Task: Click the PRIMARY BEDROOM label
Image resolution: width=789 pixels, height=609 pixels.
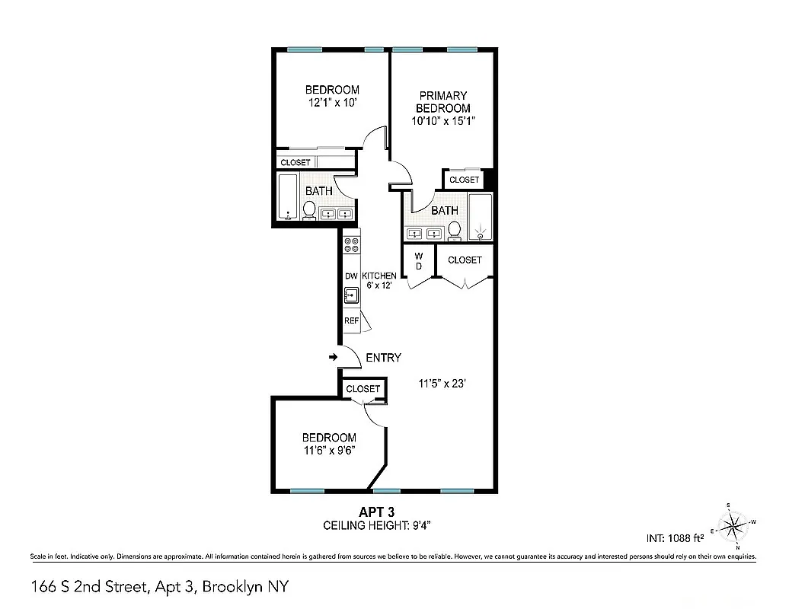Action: pos(442,102)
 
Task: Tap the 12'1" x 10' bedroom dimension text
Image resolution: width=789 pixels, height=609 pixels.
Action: pos(332,103)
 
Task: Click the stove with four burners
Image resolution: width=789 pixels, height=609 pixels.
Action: pos(352,245)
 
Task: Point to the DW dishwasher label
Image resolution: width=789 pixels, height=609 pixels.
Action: pos(351,276)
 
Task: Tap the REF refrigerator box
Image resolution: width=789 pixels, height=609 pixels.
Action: pos(351,320)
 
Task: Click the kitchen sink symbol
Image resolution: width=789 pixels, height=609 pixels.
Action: pos(351,295)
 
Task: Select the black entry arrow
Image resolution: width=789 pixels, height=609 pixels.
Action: pos(333,356)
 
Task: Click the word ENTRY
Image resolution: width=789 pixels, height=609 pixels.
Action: pos(383,358)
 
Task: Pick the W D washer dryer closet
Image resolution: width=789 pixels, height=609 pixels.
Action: pos(418,262)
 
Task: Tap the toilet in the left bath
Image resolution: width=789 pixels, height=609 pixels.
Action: pos(310,209)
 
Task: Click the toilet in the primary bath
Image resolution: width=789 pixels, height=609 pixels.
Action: pos(455,229)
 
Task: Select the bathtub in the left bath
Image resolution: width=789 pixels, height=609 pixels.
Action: pos(288,197)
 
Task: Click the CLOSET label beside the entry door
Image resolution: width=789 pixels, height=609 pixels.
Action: pos(363,389)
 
